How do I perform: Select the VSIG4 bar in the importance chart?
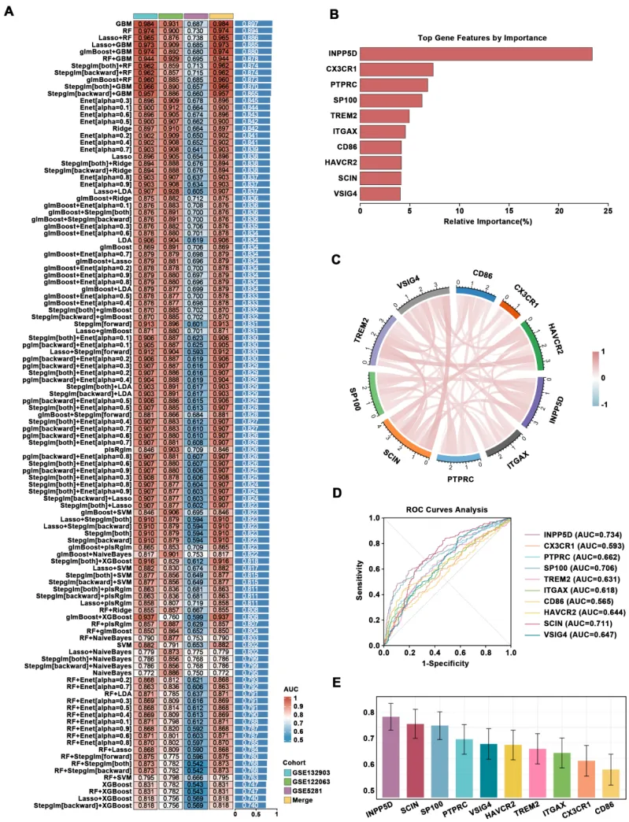point(380,192)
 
